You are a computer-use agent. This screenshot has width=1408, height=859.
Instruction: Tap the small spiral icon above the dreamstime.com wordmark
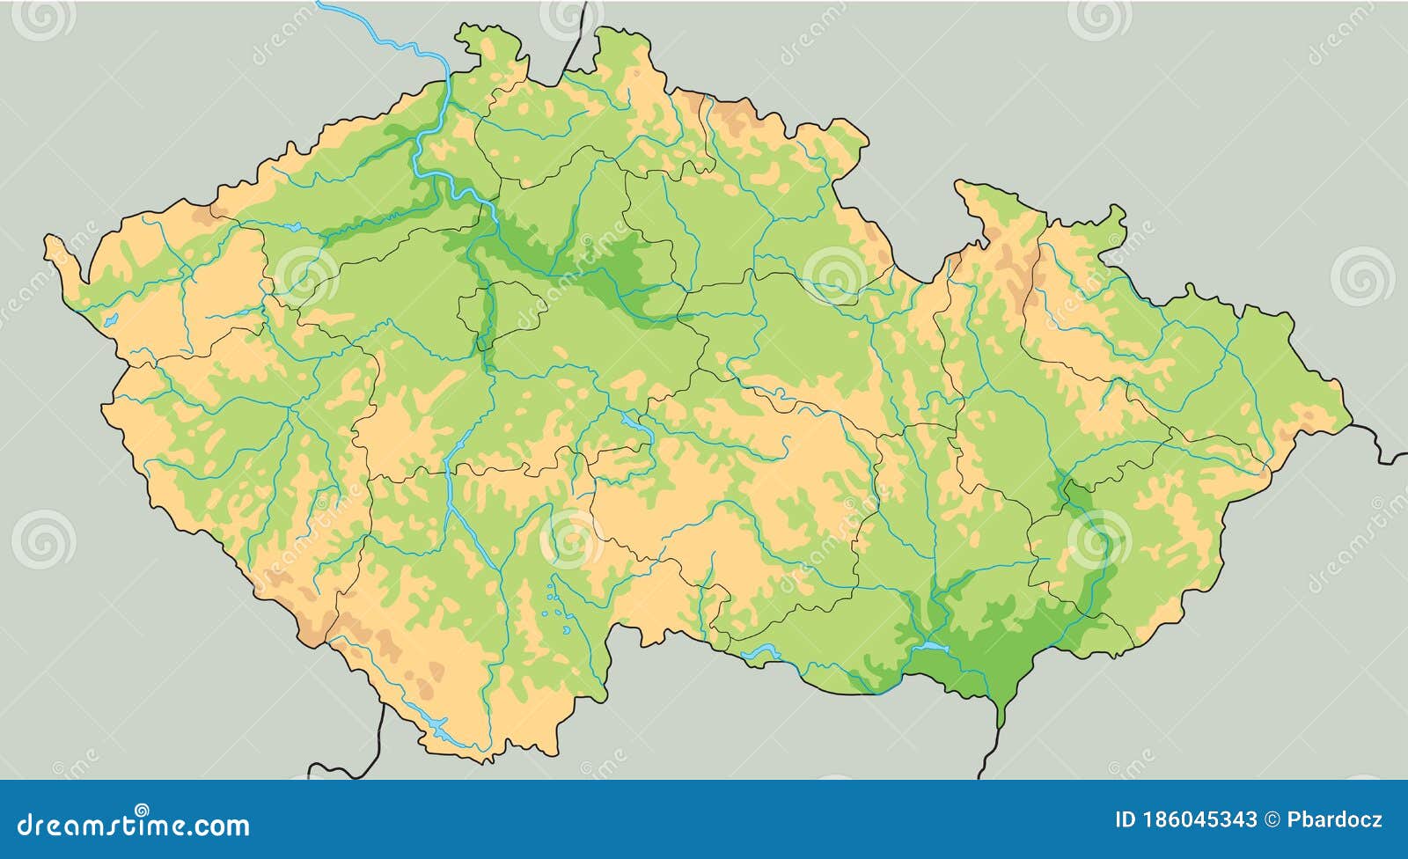point(142,809)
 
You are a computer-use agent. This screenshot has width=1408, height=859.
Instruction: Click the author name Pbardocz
point(1335,820)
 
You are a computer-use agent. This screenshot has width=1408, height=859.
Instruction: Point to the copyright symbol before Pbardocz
point(1272,820)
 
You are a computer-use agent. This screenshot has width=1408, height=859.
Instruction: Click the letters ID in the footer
point(1126,820)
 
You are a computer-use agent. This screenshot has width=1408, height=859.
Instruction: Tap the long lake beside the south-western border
point(432,726)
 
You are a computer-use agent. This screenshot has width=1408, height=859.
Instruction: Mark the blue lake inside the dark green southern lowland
point(931,648)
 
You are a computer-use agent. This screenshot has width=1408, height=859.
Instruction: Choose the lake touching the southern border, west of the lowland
point(759,652)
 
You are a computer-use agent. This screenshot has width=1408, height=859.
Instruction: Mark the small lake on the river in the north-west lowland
point(291,227)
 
